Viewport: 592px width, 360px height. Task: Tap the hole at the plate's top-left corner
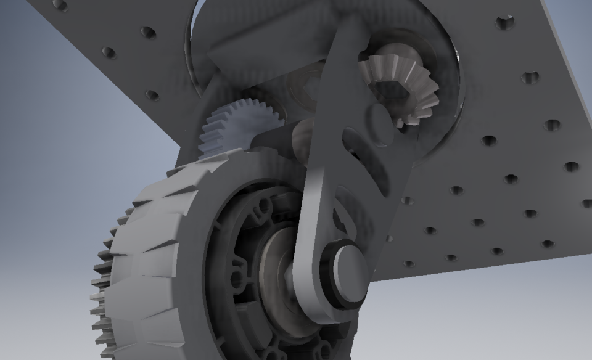coord(60,5)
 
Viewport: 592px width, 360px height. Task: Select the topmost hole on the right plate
coord(505,23)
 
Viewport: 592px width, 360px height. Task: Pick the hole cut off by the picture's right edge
coord(587,203)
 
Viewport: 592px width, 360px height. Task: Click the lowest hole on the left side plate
coord(152,96)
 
